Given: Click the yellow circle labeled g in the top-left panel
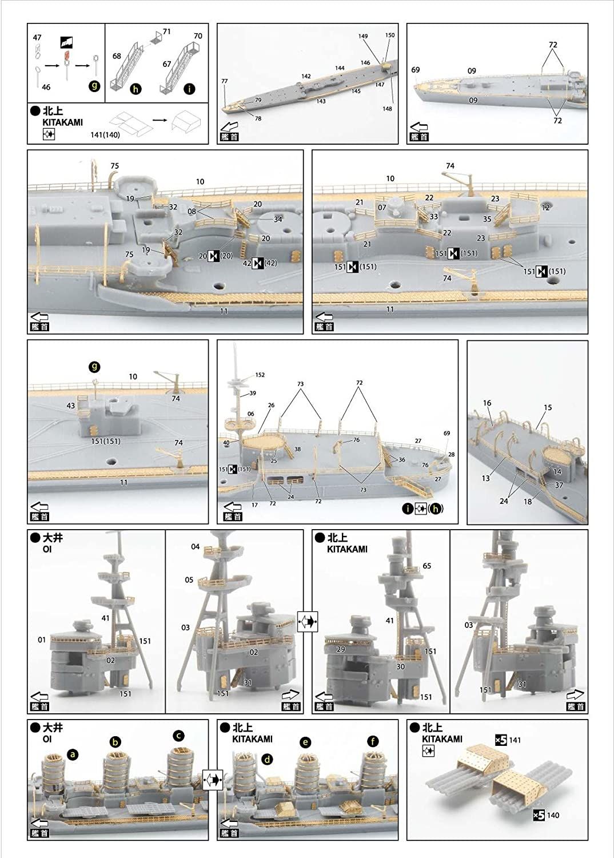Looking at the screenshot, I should [95, 87].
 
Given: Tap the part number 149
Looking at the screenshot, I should [363, 36].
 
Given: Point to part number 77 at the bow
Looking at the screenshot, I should [225, 81].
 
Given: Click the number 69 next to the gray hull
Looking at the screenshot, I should [416, 69].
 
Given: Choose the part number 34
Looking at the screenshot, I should [278, 220].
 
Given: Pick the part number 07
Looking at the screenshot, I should [382, 207].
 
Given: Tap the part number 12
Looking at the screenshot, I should [546, 208].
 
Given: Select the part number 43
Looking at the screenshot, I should [71, 406].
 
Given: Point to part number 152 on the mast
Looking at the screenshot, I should [260, 375].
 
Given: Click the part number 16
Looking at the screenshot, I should [487, 403].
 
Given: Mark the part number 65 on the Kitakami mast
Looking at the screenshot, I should [426, 566].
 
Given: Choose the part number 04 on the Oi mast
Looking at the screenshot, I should [196, 547].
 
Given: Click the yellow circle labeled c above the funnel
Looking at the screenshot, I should [179, 735].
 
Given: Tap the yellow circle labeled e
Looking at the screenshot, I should [306, 742].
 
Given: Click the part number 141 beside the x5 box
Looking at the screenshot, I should [515, 740].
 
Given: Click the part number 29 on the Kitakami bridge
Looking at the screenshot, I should [341, 650].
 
